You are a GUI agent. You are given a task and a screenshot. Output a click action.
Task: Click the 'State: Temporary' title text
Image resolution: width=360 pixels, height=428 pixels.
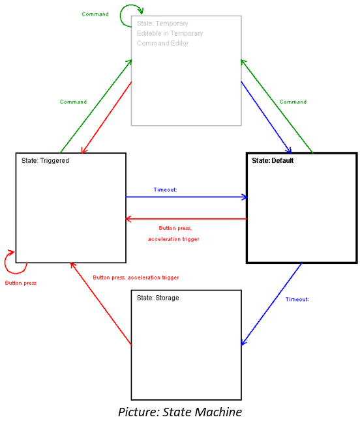[x=162, y=23]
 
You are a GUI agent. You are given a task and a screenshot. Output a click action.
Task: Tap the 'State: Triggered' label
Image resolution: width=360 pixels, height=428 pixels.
[x=45, y=160]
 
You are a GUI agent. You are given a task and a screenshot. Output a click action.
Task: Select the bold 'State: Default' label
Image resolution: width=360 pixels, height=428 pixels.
[x=273, y=160]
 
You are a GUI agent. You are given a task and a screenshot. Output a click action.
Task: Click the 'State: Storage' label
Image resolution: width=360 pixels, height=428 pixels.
[x=158, y=298]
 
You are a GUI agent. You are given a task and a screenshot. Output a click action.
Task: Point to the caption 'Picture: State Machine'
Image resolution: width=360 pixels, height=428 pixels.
[x=180, y=412]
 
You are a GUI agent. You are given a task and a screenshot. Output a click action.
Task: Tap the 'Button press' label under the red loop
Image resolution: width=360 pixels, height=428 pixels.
[x=21, y=283]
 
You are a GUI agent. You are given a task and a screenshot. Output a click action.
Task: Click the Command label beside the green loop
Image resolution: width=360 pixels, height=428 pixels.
[x=95, y=14]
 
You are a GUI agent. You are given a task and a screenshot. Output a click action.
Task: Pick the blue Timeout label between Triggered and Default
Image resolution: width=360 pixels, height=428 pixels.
[x=165, y=190]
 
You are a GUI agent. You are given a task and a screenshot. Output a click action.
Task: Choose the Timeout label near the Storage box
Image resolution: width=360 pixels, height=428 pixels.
[x=297, y=300]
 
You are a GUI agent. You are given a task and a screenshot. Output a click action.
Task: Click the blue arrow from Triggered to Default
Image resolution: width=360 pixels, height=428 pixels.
[x=187, y=197]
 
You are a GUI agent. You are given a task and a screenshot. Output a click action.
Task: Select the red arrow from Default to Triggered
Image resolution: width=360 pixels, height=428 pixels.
[x=187, y=219]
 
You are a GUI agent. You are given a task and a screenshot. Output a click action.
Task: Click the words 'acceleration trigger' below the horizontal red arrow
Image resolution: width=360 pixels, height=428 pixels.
[x=173, y=239]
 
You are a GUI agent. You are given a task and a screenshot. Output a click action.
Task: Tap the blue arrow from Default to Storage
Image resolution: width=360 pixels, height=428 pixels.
[x=272, y=304]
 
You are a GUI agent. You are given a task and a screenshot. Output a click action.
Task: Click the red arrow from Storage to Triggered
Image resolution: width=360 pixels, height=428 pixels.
[x=101, y=304]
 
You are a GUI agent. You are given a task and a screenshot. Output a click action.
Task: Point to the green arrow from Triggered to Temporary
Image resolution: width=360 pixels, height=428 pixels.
[x=96, y=106]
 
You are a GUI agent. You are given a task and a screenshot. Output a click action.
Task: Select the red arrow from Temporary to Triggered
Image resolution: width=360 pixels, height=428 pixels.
[x=107, y=117]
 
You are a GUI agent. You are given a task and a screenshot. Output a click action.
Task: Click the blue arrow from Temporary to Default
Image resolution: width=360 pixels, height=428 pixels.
[x=266, y=117]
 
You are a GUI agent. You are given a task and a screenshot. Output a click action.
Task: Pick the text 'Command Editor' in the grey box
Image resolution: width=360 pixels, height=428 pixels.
[x=162, y=44]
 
